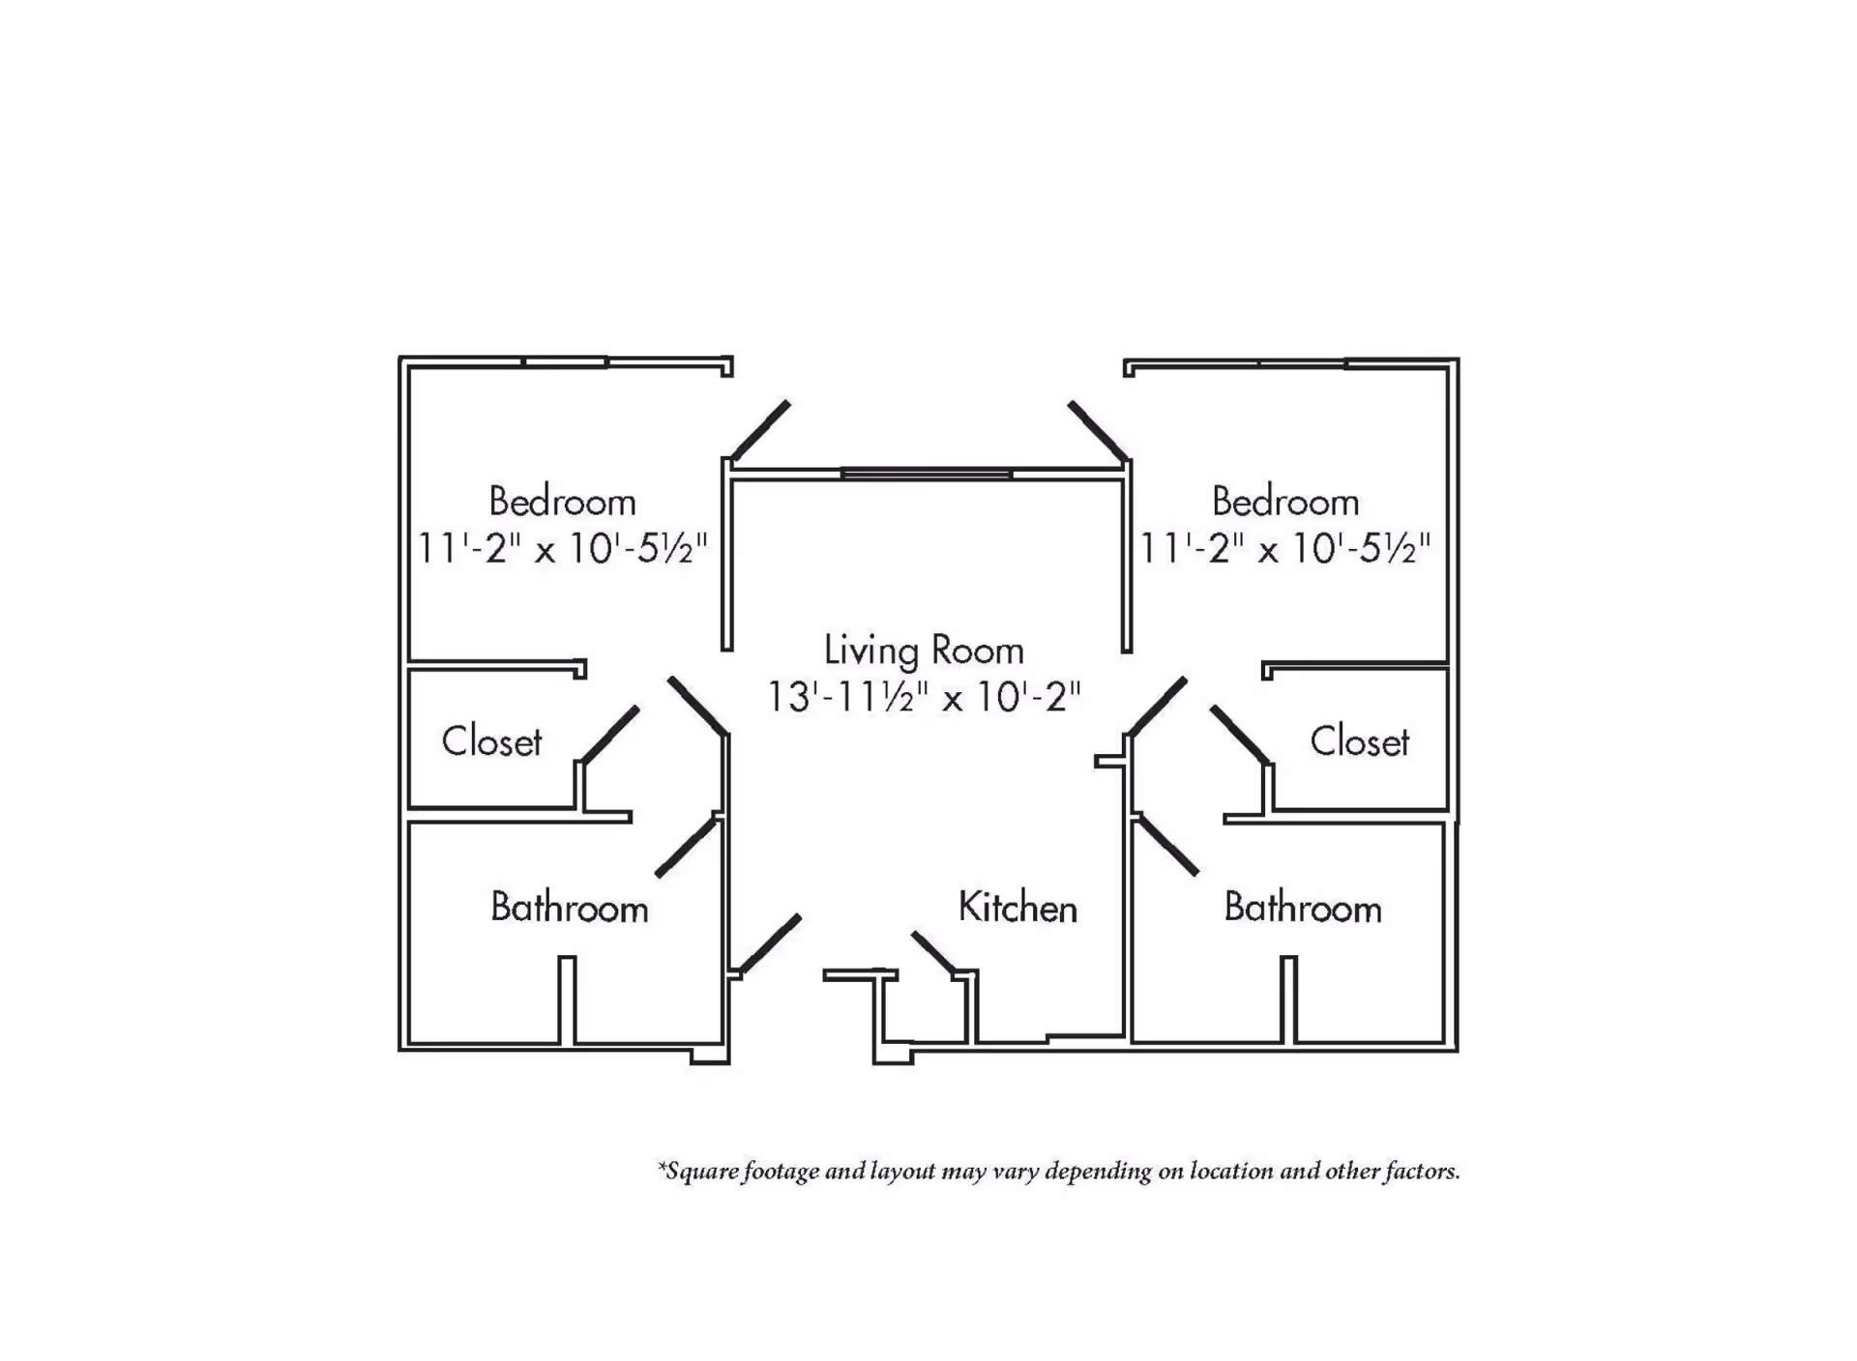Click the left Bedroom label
(x=562, y=502)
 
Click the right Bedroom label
(x=1285, y=502)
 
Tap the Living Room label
(x=924, y=651)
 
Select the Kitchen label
(x=1017, y=908)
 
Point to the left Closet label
(x=491, y=741)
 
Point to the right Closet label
(x=1359, y=741)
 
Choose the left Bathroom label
(x=569, y=908)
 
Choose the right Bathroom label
(x=1302, y=908)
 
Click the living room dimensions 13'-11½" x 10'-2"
(x=924, y=696)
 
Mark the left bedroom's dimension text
(x=562, y=548)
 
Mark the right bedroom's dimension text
(x=1285, y=548)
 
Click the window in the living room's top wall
(x=927, y=474)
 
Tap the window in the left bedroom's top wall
(x=565, y=362)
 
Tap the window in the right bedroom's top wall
(x=1302, y=362)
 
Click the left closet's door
(x=608, y=735)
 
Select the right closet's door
(x=1240, y=735)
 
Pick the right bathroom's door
(x=1167, y=845)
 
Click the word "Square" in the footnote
(x=703, y=1173)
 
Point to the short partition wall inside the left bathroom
(x=568, y=1000)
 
